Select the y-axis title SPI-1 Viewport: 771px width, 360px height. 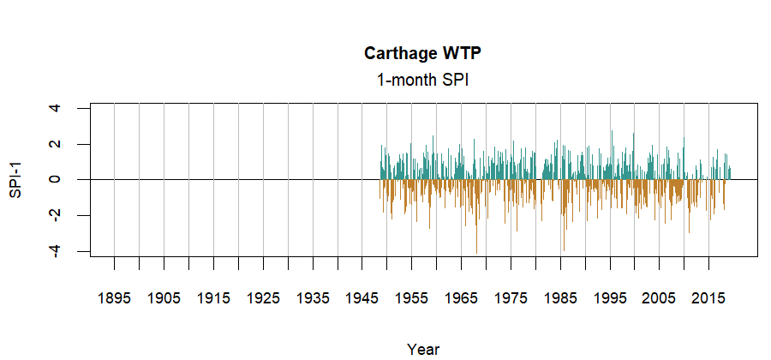pos(15,179)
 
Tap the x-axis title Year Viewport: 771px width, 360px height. pos(424,349)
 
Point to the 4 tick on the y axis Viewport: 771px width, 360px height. pos(56,108)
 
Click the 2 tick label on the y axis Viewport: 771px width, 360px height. pos(56,144)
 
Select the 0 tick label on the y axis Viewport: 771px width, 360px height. pos(56,179)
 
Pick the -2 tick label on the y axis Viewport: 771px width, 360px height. pos(56,215)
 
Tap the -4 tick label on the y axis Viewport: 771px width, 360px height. pos(56,251)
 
